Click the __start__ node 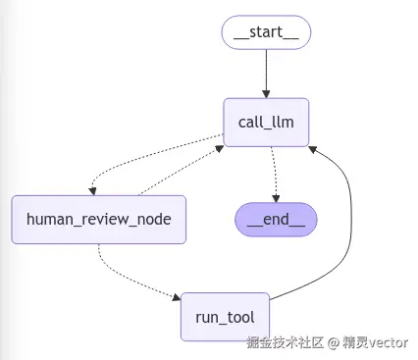click(x=266, y=33)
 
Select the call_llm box click(x=266, y=122)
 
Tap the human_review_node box click(x=98, y=219)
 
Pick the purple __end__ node click(x=276, y=219)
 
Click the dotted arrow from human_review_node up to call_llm click(x=182, y=167)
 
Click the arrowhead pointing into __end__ click(x=276, y=197)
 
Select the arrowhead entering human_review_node click(x=90, y=191)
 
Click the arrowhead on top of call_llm click(x=266, y=93)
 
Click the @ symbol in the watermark click(x=334, y=344)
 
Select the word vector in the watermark click(x=388, y=344)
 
